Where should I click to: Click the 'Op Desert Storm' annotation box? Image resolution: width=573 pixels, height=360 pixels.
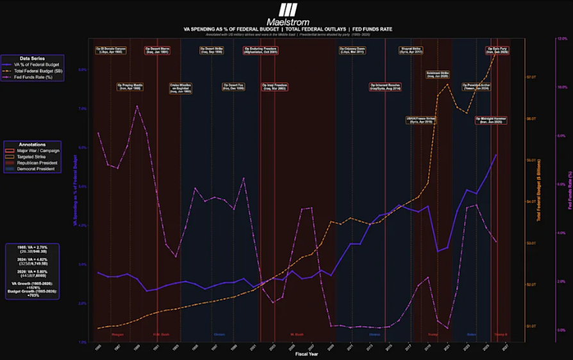point(157,49)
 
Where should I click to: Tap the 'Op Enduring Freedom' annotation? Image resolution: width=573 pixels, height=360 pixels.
point(260,49)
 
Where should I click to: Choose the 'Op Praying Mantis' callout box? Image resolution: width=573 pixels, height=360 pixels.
point(129,86)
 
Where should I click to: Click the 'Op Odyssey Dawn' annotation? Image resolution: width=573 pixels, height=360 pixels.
point(352,49)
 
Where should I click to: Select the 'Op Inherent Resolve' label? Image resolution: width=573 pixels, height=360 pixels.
point(385,86)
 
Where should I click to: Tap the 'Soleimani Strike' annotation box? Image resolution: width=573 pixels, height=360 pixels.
point(437,74)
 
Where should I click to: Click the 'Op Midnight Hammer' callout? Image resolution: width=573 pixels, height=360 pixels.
point(491,120)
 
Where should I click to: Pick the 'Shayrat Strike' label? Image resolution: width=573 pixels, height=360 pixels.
point(411,49)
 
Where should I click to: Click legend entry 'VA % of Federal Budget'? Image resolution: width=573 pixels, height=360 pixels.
point(38,65)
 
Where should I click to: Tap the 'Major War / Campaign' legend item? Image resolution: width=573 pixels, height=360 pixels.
point(39,151)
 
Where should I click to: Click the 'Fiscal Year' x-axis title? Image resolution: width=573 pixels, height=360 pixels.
point(304,353)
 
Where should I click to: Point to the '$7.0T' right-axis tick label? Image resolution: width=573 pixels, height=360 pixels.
point(531,78)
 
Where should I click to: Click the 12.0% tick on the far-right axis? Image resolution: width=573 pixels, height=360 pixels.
point(562,39)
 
